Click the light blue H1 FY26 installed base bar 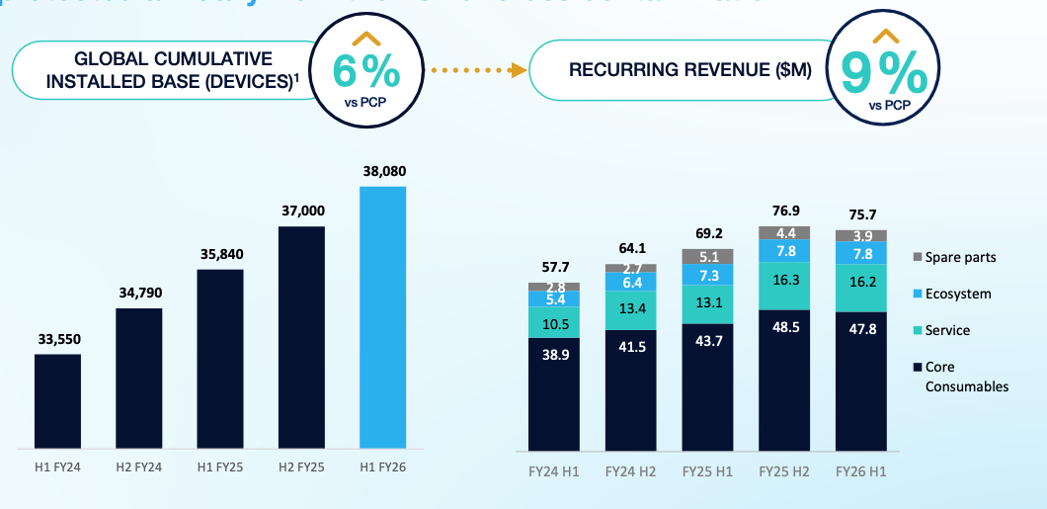[382, 316]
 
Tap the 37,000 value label [301, 211]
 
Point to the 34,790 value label [139, 293]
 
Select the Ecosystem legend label [958, 294]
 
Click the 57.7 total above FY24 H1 [553, 267]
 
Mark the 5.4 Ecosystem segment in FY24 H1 [553, 298]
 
